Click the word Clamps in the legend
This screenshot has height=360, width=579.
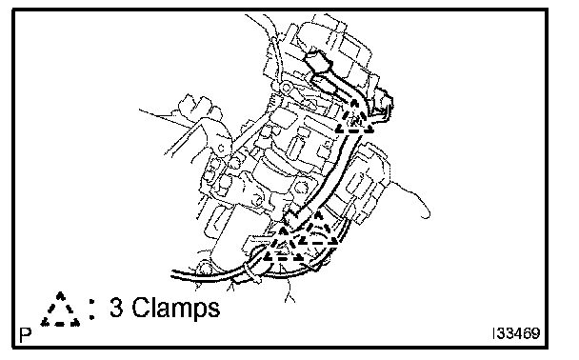click(x=176, y=308)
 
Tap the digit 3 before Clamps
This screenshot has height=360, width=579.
click(x=116, y=308)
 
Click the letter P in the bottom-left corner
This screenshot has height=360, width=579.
click(x=26, y=335)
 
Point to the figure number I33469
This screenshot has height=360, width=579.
click(x=516, y=333)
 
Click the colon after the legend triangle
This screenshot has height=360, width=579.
click(x=92, y=309)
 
